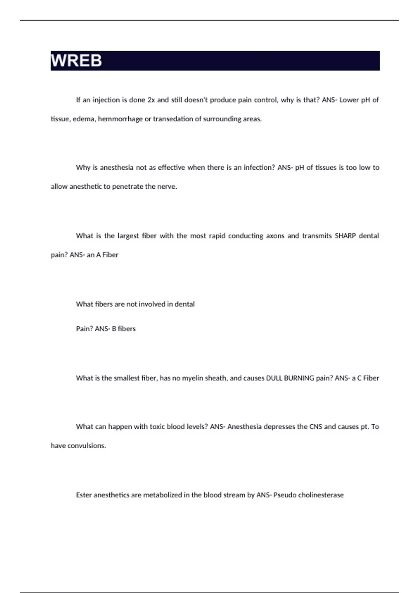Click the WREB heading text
point(76,61)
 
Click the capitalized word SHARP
point(345,236)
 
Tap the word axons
point(275,236)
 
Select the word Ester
point(84,495)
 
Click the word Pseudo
point(285,495)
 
